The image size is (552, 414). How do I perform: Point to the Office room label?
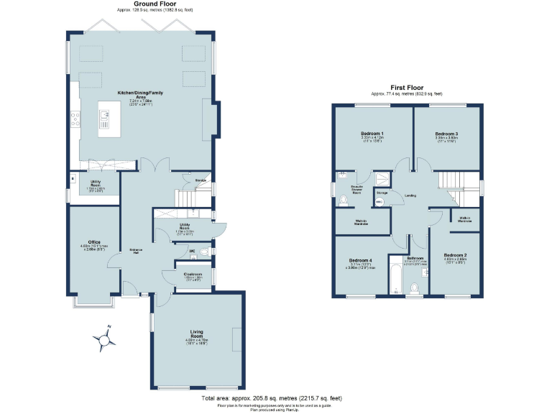pyautogui.click(x=94, y=242)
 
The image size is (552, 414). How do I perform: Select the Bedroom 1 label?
pyautogui.click(x=372, y=134)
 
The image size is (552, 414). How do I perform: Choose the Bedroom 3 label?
pyautogui.click(x=446, y=134)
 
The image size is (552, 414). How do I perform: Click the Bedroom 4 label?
pyautogui.click(x=361, y=260)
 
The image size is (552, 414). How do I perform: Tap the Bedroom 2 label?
pyautogui.click(x=455, y=256)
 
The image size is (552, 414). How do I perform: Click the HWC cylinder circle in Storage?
pyautogui.click(x=379, y=202)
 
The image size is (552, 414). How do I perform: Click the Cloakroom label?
pyautogui.click(x=192, y=274)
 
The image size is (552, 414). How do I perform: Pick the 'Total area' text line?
pyautogui.click(x=271, y=397)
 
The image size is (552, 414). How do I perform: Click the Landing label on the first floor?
pyautogui.click(x=410, y=195)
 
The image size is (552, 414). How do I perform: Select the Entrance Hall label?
pyautogui.click(x=135, y=250)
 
